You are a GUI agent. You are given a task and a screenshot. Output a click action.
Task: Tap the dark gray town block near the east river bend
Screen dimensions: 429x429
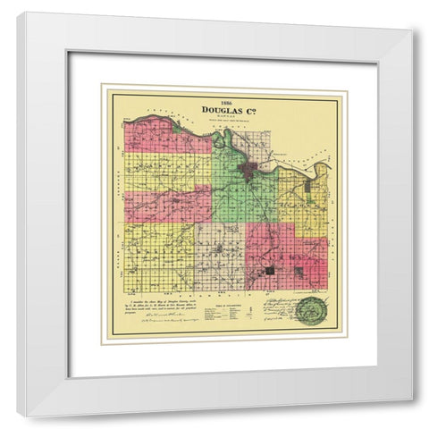pos(309,187)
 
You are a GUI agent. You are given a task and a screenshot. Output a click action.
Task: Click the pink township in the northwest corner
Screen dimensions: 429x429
pos(161,136)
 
